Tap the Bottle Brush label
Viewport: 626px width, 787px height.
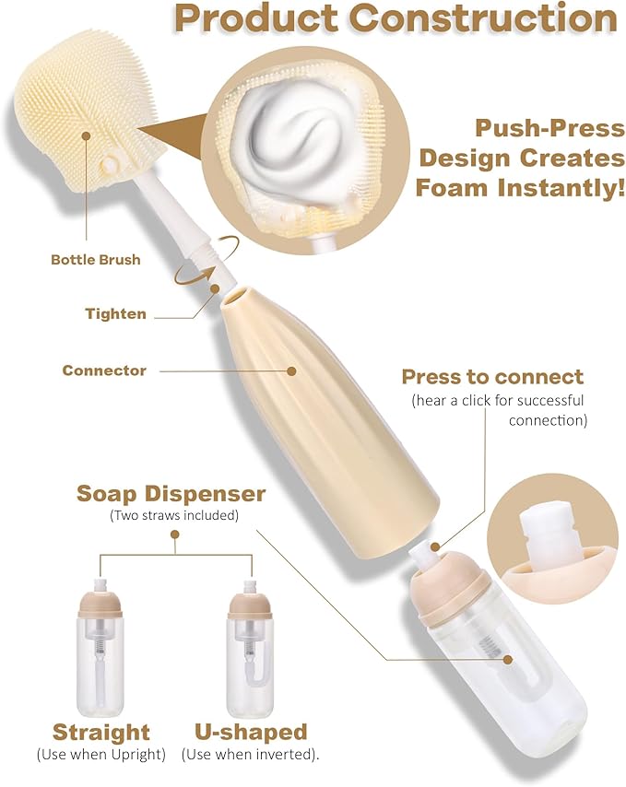[95, 260]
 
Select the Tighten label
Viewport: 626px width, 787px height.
[115, 313]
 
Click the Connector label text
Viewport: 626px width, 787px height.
[104, 370]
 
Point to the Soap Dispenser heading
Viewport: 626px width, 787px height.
[171, 494]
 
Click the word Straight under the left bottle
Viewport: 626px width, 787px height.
[100, 733]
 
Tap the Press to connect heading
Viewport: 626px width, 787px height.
[492, 377]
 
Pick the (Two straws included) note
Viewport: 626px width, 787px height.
[172, 515]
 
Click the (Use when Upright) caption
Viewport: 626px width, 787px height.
[101, 755]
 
